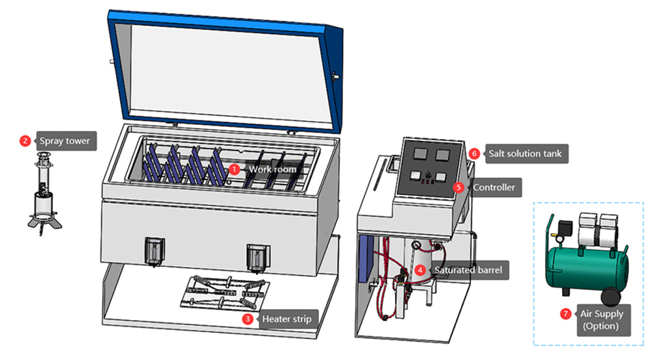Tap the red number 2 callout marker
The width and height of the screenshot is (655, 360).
pyautogui.click(x=26, y=141)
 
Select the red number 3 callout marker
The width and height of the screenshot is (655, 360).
pyautogui.click(x=248, y=319)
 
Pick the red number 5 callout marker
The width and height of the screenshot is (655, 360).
pyautogui.click(x=458, y=187)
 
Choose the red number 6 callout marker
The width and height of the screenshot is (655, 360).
pyautogui.click(x=474, y=153)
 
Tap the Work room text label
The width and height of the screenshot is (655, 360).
pyautogui.click(x=272, y=169)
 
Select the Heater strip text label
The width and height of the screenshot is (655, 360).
pyautogui.click(x=286, y=319)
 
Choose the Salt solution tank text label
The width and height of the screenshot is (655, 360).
pyautogui.click(x=524, y=154)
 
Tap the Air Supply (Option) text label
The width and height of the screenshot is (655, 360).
pyautogui.click(x=601, y=319)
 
